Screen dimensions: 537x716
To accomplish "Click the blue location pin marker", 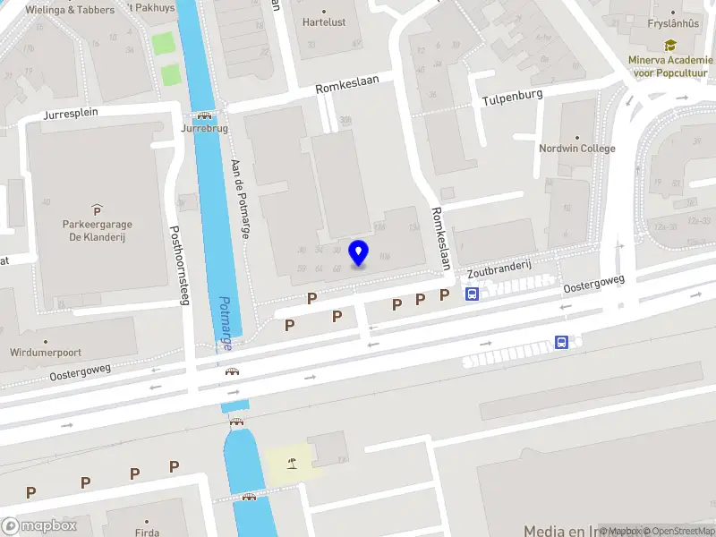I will pyautogui.click(x=359, y=252).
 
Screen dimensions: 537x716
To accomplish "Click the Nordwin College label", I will pyautogui.click(x=577, y=149).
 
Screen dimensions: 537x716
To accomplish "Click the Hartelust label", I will pyautogui.click(x=324, y=21).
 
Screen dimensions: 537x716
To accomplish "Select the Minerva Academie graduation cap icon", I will pyautogui.click(x=669, y=45).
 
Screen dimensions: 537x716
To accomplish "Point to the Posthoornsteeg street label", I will pyautogui.click(x=180, y=264).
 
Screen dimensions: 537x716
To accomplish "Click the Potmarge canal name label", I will pyautogui.click(x=226, y=323).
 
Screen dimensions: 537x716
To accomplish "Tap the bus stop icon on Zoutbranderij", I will pyautogui.click(x=472, y=293).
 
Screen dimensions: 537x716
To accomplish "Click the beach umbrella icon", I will pyautogui.click(x=291, y=463).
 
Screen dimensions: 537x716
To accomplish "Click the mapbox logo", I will pyautogui.click(x=40, y=525).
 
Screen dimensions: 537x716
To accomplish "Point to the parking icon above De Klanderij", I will pyautogui.click(x=97, y=209).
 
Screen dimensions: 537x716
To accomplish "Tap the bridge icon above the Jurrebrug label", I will pyautogui.click(x=204, y=115).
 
